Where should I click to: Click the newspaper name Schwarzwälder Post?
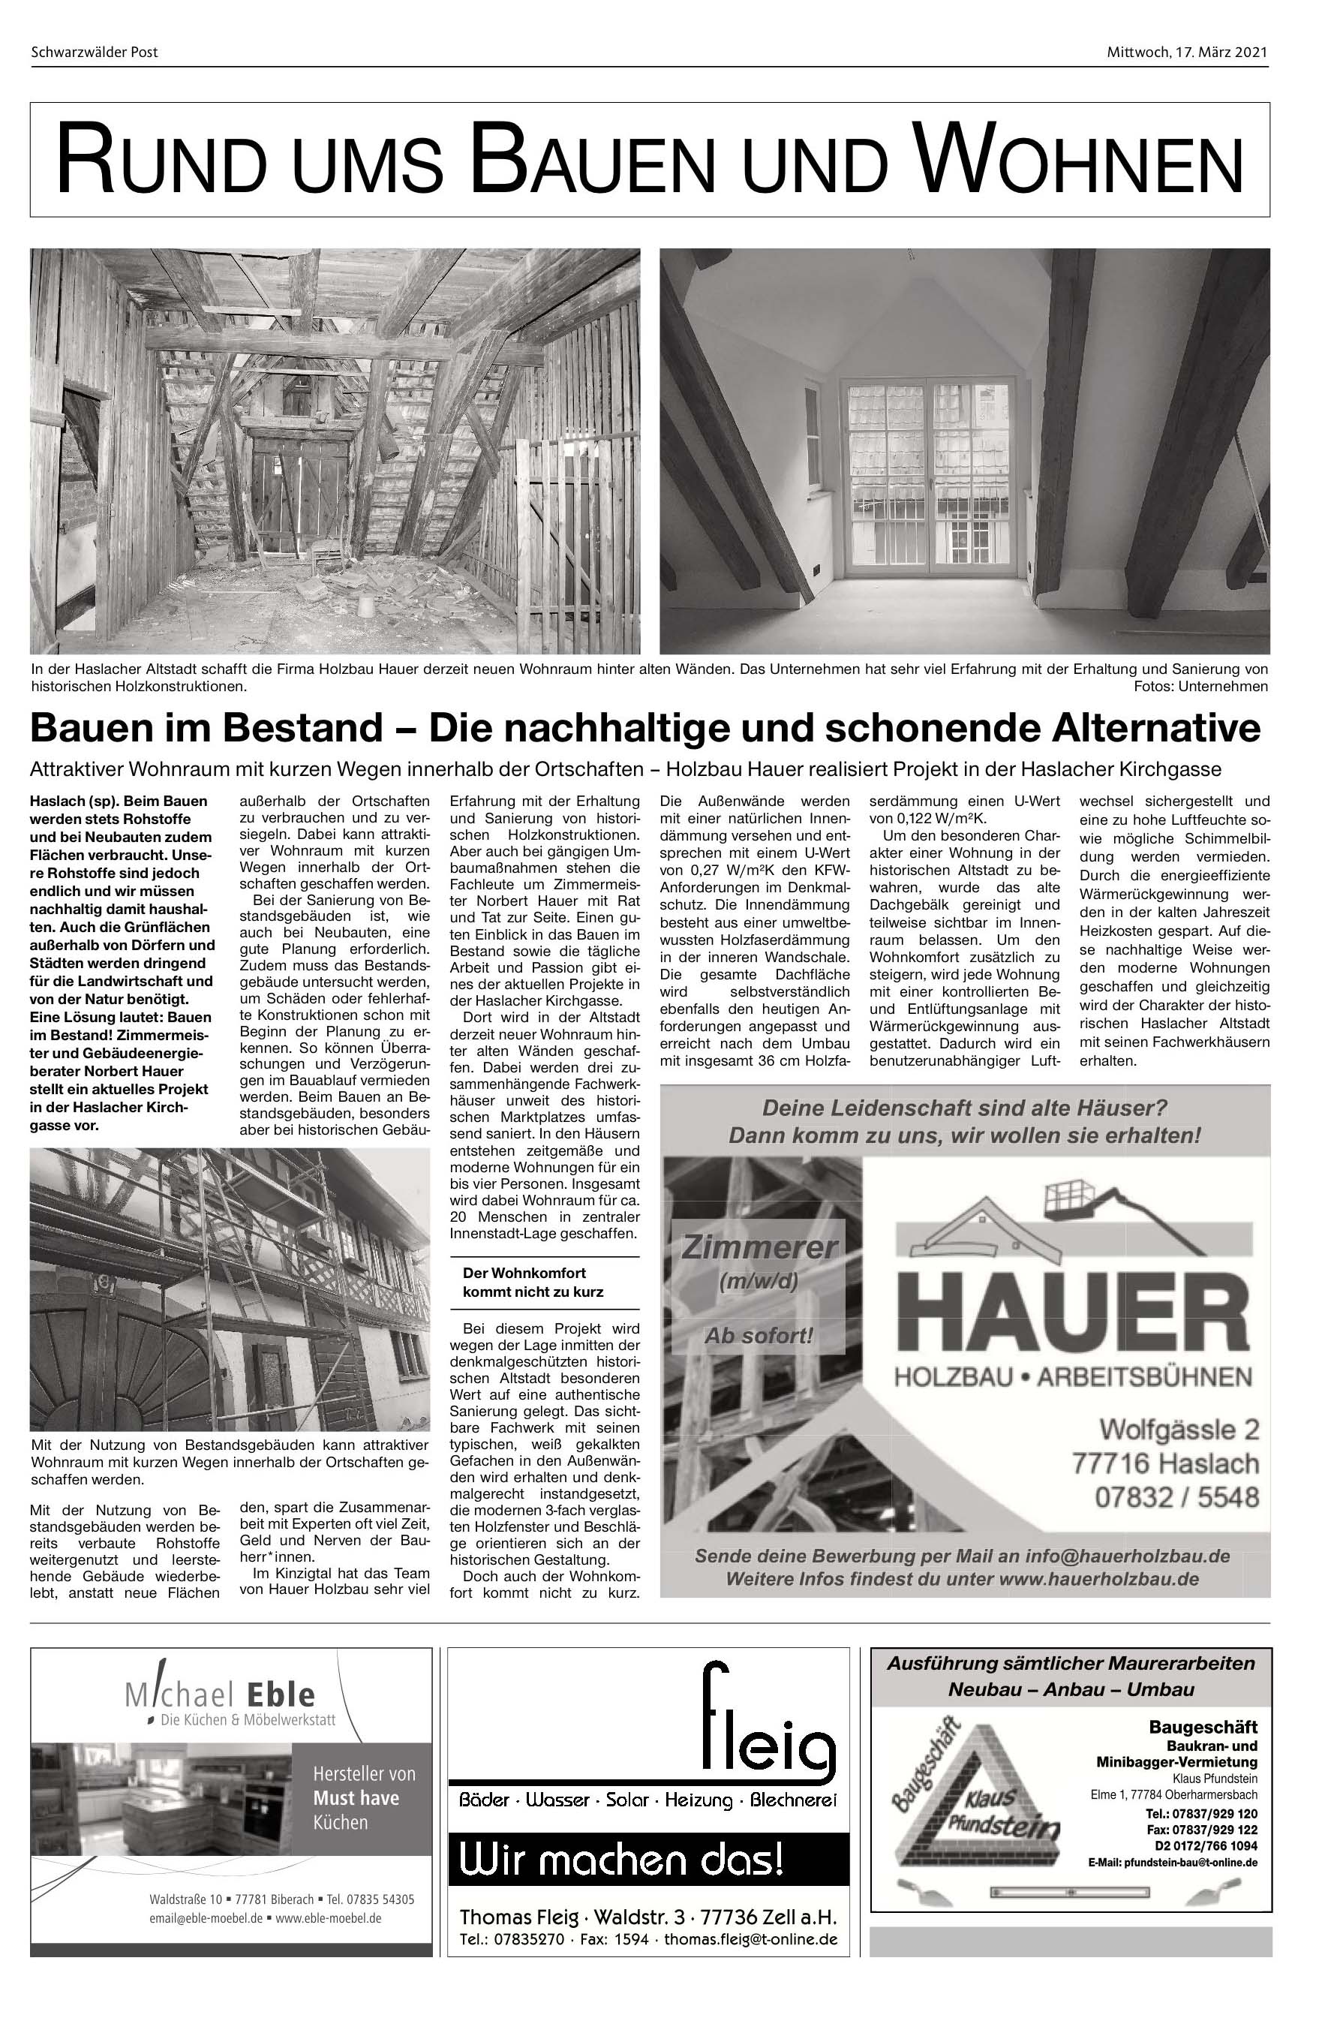tap(95, 53)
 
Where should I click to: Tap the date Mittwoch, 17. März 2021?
tap(1187, 53)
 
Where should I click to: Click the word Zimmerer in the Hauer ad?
tap(759, 1247)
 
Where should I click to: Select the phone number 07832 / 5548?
tap(1176, 1496)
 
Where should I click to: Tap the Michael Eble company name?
tap(220, 1694)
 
